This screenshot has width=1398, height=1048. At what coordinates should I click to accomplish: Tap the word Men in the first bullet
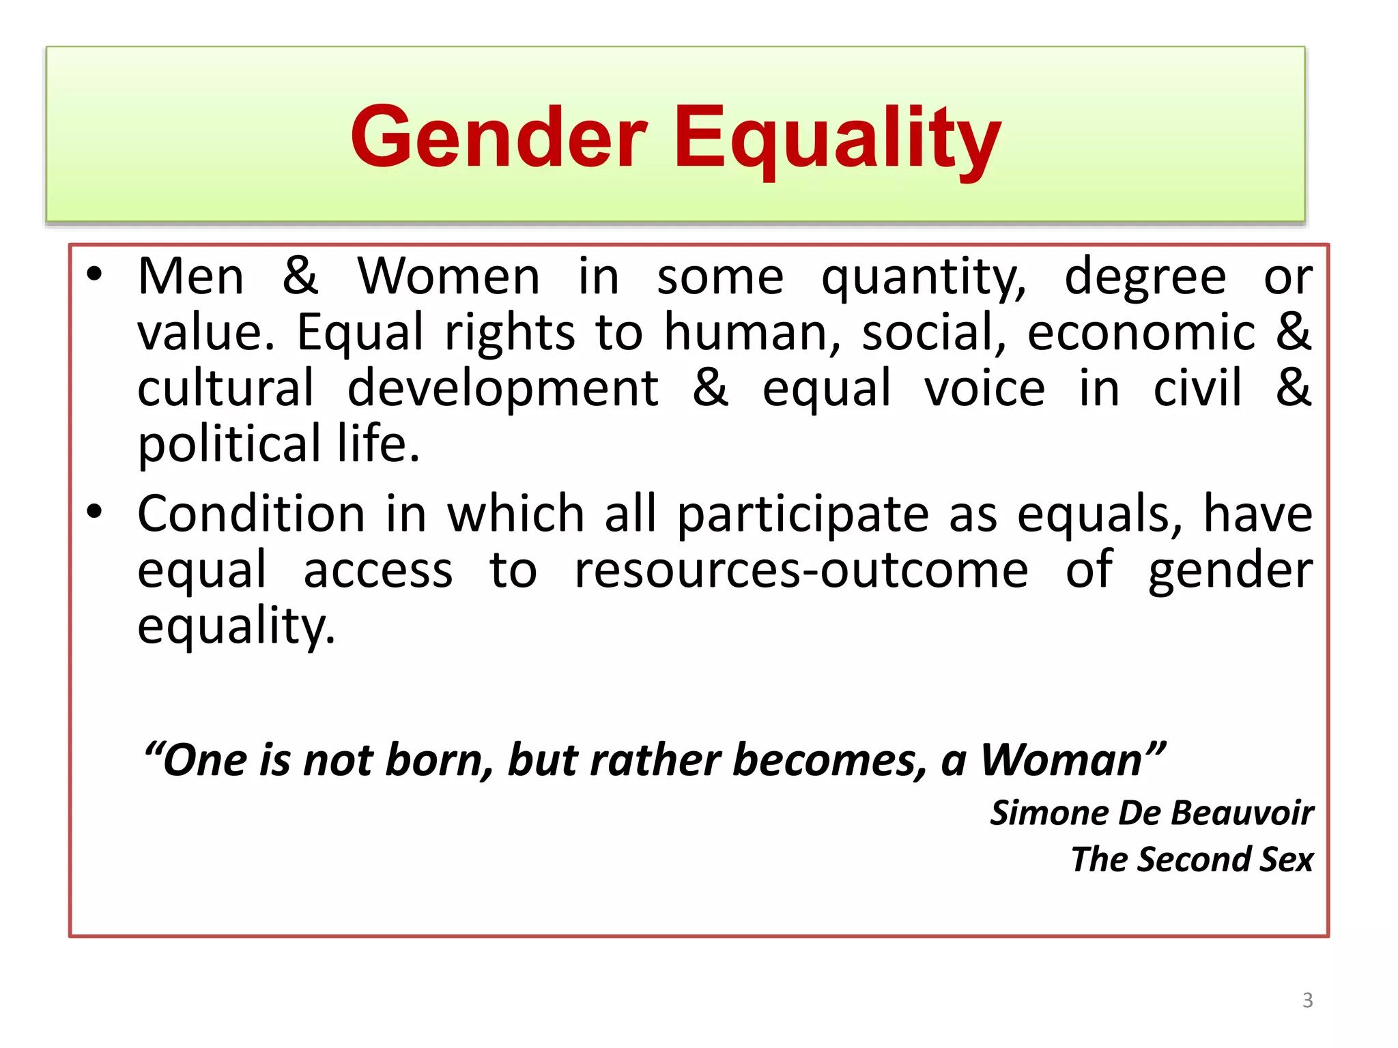tap(190, 277)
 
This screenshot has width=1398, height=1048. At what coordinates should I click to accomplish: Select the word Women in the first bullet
tap(448, 277)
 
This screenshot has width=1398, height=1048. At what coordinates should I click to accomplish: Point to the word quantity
tap(923, 278)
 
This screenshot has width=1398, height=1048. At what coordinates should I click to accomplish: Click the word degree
tap(1145, 278)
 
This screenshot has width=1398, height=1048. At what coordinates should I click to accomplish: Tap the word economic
tap(1141, 333)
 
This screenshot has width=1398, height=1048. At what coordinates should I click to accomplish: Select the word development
tap(503, 390)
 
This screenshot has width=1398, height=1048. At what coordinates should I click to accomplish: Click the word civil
tap(1197, 388)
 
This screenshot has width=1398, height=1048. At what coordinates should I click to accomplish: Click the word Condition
tap(251, 514)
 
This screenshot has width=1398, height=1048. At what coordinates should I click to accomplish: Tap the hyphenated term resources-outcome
tap(801, 570)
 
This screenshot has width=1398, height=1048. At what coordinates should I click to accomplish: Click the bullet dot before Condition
tap(94, 511)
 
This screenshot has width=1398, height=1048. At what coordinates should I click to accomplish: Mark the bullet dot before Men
tap(94, 274)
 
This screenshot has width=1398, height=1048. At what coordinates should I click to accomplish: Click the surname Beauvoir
tap(1242, 813)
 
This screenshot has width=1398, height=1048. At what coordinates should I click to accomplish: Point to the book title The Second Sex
tap(1192, 860)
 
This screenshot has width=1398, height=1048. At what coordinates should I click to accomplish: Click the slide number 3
tap(1307, 1000)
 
